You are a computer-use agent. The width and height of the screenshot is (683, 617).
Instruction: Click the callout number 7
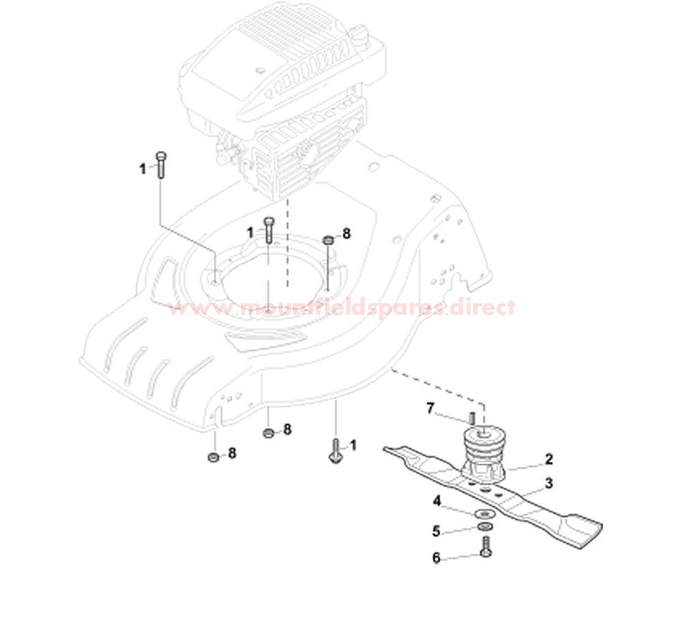pyautogui.click(x=430, y=408)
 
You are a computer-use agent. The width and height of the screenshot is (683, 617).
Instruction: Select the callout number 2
pyautogui.click(x=548, y=459)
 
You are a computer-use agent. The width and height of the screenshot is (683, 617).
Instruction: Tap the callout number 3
pyautogui.click(x=548, y=484)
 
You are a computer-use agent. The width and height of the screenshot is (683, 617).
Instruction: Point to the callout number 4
pyautogui.click(x=436, y=502)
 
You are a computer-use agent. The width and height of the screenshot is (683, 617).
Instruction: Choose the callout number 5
pyautogui.click(x=436, y=530)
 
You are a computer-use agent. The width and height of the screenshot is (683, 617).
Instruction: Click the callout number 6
pyautogui.click(x=436, y=558)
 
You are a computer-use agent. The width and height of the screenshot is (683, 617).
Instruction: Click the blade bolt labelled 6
pyautogui.click(x=485, y=547)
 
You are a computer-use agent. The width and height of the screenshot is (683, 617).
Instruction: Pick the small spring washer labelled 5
pyautogui.click(x=485, y=528)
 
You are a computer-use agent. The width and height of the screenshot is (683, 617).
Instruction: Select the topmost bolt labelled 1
pyautogui.click(x=161, y=164)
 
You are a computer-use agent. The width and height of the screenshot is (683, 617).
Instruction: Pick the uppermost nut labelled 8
pyautogui.click(x=329, y=239)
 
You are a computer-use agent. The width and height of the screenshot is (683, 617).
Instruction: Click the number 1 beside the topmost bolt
pyautogui.click(x=143, y=169)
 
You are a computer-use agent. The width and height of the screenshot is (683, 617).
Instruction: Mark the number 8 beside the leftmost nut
pyautogui.click(x=232, y=453)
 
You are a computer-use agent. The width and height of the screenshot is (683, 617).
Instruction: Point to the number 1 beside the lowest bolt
pyautogui.click(x=353, y=446)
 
